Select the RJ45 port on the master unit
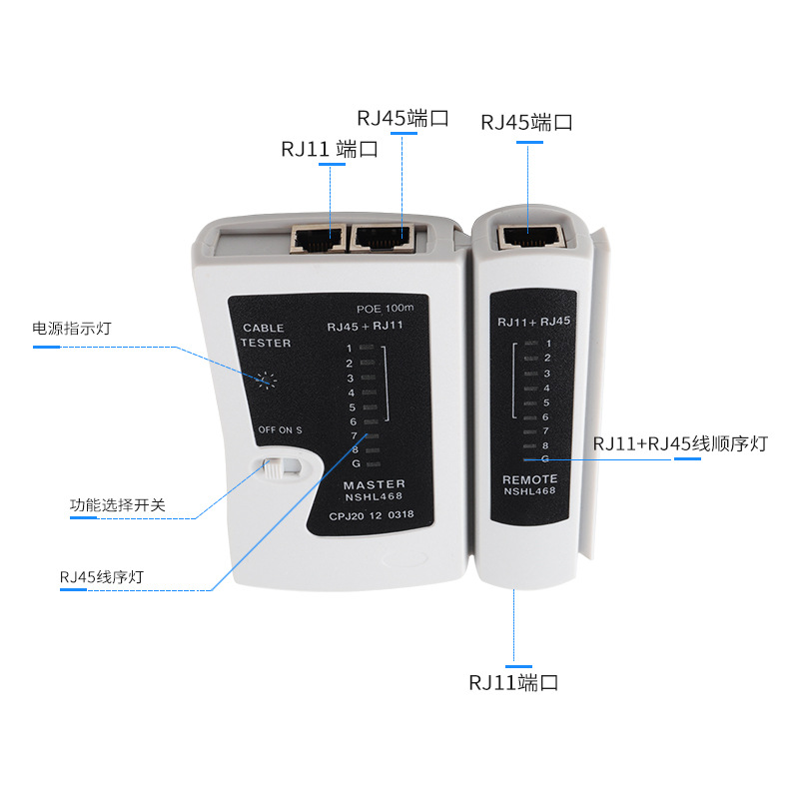coord(383,238)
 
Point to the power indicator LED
coord(266,380)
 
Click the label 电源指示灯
coord(71,328)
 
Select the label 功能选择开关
coord(117,505)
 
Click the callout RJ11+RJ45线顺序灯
coord(680,443)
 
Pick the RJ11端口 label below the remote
coord(512,683)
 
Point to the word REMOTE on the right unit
coord(529,479)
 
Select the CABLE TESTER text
coord(265,336)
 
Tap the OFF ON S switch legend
coord(280,429)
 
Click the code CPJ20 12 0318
coord(371,515)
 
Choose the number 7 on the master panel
coord(354,435)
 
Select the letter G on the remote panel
coord(544,457)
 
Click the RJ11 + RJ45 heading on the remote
coord(533,322)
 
